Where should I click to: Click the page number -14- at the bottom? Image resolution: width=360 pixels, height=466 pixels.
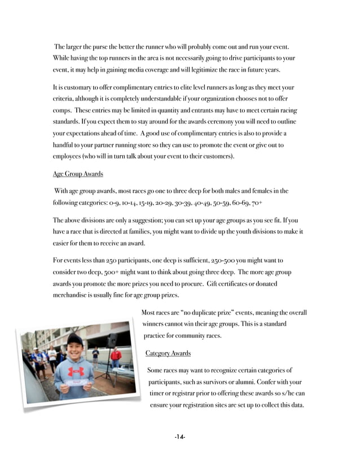[x=180, y=437]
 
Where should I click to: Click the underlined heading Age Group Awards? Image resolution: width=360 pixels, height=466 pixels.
[x=78, y=173]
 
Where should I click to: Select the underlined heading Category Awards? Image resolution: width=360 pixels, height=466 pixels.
[x=168, y=353]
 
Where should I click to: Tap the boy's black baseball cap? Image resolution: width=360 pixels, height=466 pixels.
[x=74, y=340]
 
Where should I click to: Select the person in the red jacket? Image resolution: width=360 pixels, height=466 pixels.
[x=116, y=357]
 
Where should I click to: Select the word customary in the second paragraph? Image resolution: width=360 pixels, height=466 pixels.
[x=81, y=88]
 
